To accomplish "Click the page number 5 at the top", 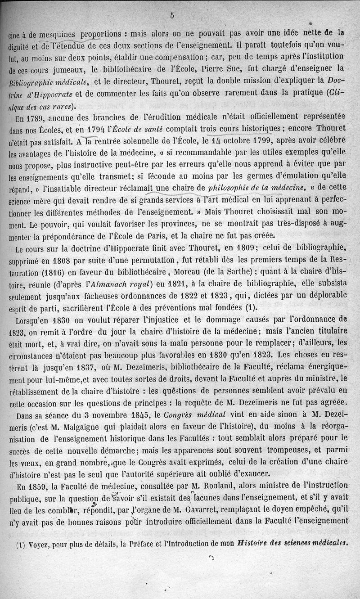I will pyautogui.click(x=172, y=15).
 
